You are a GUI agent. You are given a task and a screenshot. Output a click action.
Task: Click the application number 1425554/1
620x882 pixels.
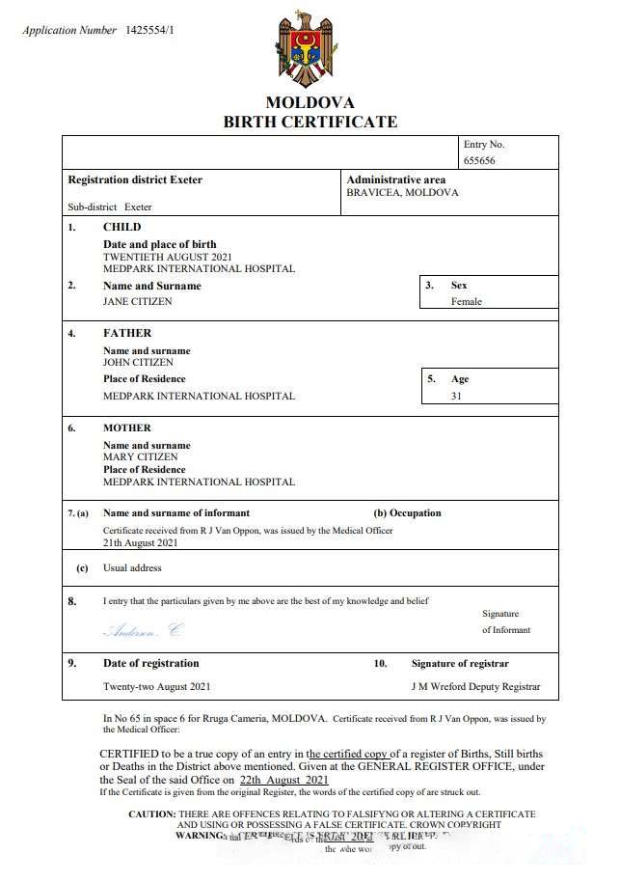(149, 31)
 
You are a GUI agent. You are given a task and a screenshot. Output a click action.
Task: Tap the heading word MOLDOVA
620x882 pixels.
(310, 102)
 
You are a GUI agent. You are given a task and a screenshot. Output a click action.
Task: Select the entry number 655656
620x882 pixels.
(479, 160)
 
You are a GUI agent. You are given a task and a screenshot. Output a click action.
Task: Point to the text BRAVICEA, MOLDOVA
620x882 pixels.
(402, 193)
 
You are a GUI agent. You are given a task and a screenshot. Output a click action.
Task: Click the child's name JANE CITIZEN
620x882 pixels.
(138, 301)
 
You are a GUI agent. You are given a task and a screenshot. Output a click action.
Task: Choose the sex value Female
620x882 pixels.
(466, 301)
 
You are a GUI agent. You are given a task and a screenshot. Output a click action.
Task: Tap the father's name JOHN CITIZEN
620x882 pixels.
(138, 363)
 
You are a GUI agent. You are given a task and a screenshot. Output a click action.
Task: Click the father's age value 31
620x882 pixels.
(456, 396)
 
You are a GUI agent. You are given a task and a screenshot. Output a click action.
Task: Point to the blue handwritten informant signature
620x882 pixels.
(142, 631)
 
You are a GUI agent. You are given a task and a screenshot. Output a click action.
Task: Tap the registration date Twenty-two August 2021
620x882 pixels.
(156, 687)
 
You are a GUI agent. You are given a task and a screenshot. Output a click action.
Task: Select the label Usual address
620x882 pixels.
(132, 568)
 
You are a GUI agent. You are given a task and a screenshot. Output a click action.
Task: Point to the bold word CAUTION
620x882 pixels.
(152, 814)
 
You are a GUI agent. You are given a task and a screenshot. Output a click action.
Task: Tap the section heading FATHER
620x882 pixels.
(127, 333)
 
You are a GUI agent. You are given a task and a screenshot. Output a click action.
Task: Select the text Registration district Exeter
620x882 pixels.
(135, 180)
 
